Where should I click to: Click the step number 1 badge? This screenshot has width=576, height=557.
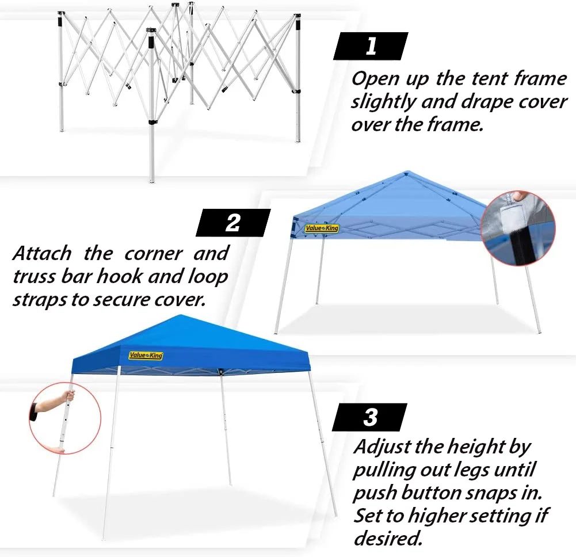[371, 46]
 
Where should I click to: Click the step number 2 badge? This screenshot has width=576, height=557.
[233, 223]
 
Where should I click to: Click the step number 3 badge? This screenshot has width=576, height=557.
[370, 417]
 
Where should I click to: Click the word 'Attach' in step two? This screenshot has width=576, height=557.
[42, 253]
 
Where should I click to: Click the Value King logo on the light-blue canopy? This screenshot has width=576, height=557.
[322, 228]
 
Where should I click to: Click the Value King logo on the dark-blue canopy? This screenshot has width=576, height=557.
[146, 356]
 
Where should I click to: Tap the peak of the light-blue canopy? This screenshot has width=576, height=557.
[407, 172]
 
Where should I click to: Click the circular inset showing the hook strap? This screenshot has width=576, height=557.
[518, 228]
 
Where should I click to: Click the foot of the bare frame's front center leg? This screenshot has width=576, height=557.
[151, 181]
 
